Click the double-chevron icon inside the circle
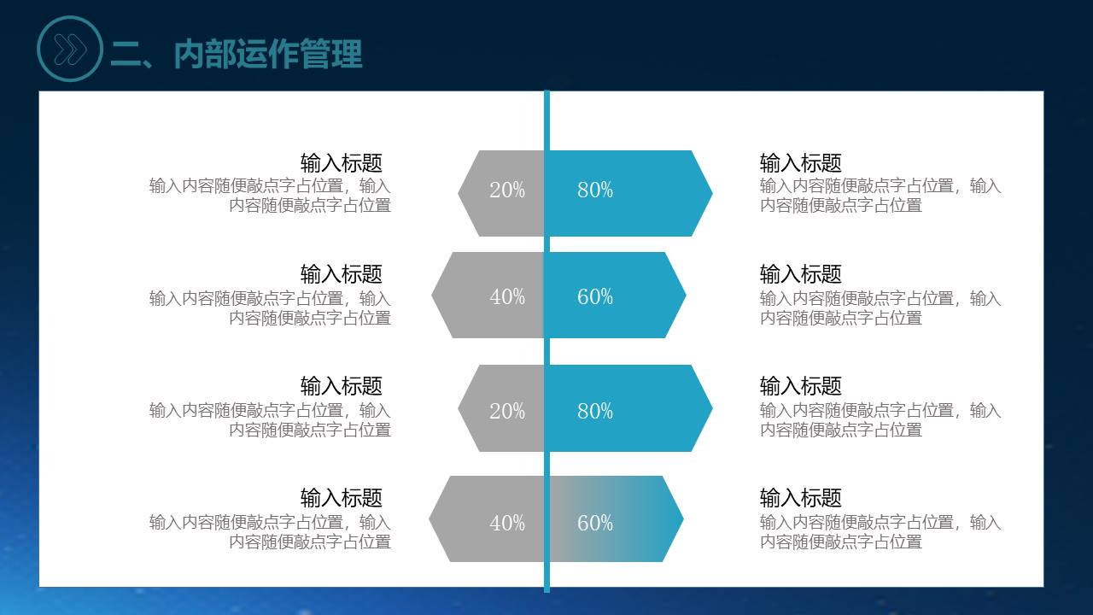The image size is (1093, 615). tap(70, 50)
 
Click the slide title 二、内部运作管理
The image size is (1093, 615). tap(237, 54)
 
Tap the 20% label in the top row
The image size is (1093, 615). tap(507, 190)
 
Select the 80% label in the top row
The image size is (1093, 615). tap(595, 190)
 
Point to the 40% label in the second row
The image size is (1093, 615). tap(507, 296)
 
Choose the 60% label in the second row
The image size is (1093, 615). tap(595, 296)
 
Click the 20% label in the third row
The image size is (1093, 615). tap(507, 411)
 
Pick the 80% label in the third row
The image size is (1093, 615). tap(595, 411)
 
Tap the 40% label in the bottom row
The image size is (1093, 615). tap(507, 524)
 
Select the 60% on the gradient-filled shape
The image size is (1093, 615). tap(595, 524)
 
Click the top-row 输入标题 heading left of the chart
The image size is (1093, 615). tap(341, 163)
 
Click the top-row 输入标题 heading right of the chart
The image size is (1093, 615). tap(801, 163)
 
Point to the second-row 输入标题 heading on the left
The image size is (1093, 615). tap(341, 274)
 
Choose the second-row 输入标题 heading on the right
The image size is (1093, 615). tap(801, 274)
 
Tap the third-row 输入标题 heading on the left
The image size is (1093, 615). tap(341, 386)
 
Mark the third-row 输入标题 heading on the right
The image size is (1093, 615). tap(801, 386)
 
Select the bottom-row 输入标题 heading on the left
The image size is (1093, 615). tap(341, 498)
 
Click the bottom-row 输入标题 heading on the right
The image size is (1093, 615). tap(801, 498)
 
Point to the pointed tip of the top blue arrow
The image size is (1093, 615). tap(712, 193)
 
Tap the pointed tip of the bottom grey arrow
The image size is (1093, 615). tap(430, 518)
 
